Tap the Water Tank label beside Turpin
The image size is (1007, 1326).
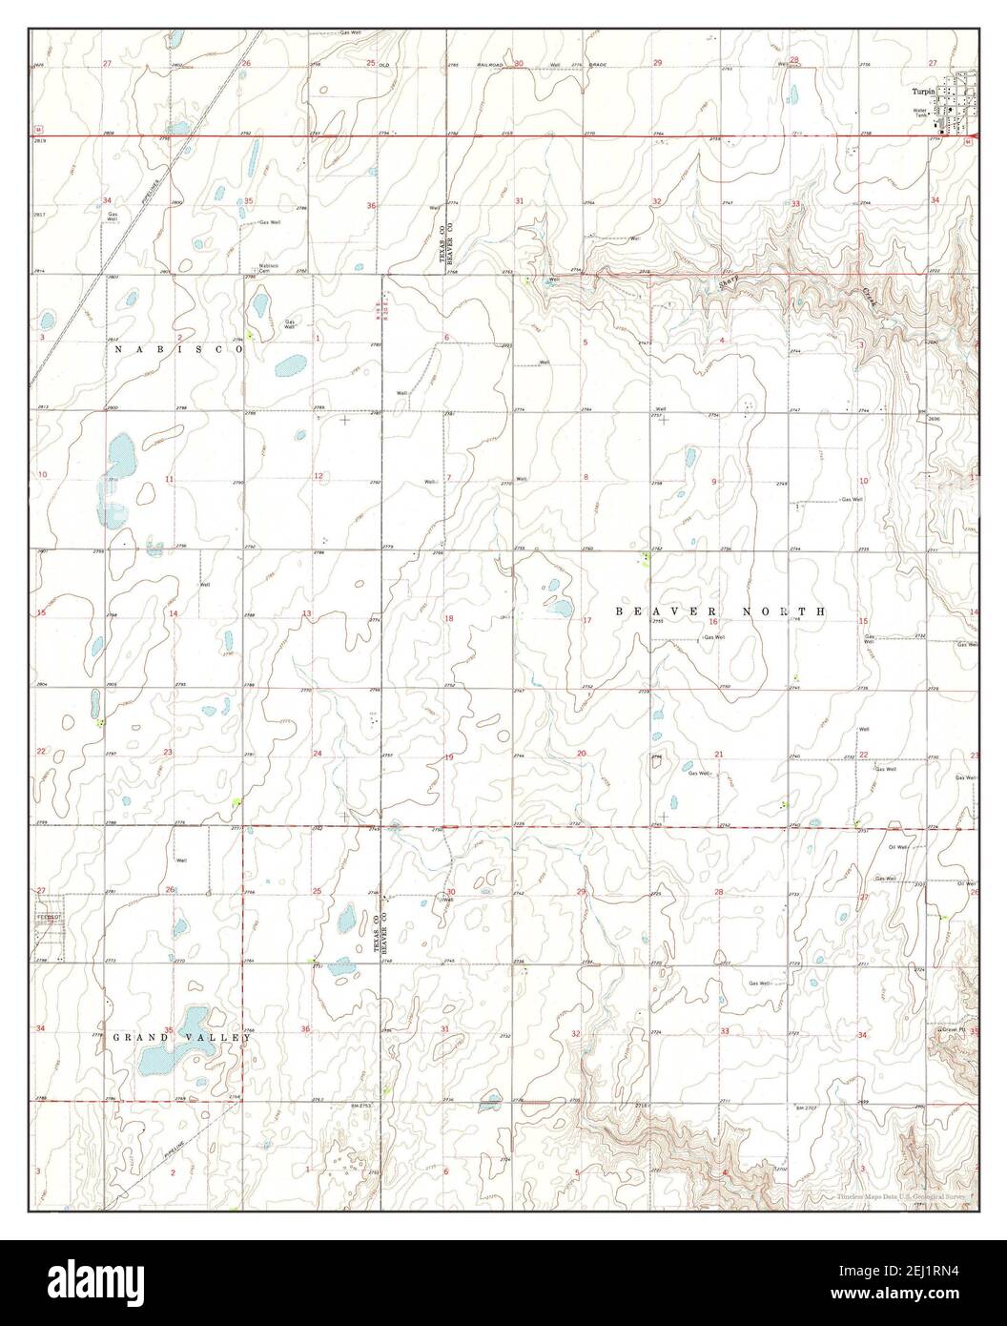[x=920, y=112]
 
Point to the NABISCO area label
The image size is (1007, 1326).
[x=178, y=350]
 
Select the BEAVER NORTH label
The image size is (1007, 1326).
[x=719, y=611]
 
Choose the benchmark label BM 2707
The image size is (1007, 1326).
[x=809, y=1108]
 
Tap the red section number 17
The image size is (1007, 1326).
[x=587, y=621]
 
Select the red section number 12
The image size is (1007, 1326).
[x=319, y=476]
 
